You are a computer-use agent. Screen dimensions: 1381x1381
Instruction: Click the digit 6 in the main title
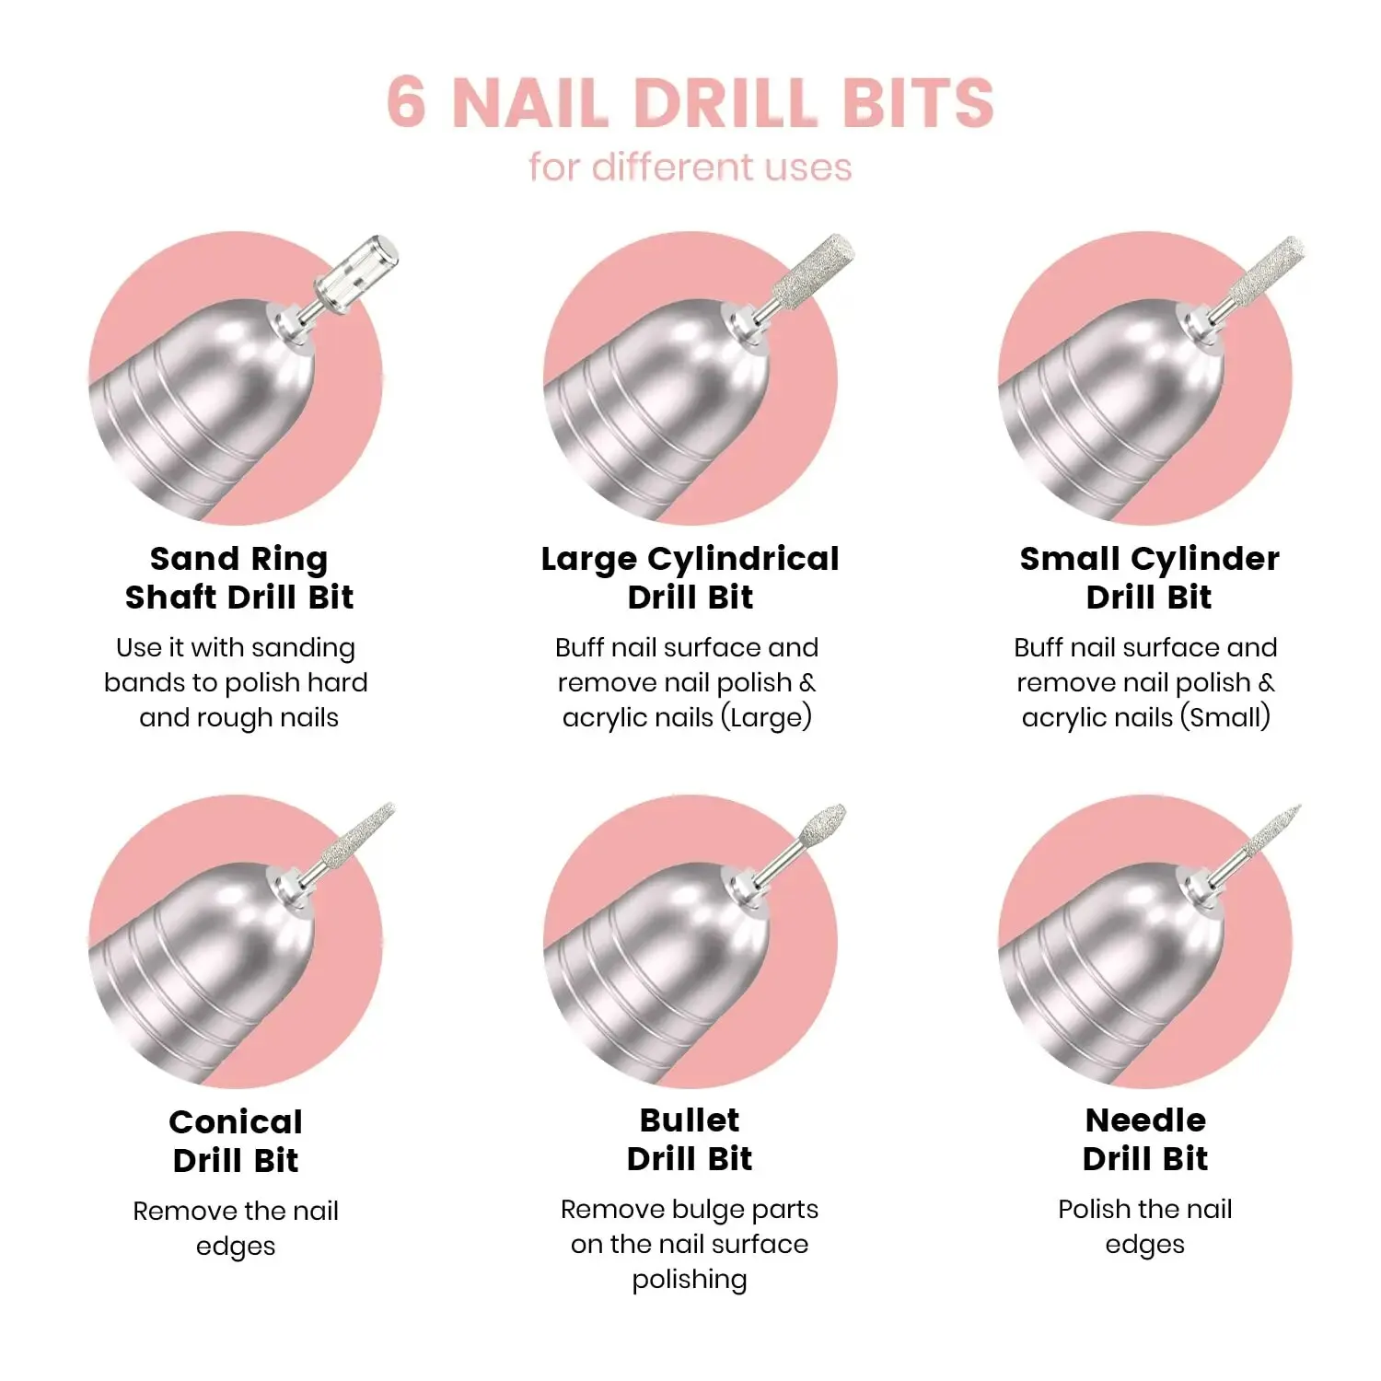[406, 101]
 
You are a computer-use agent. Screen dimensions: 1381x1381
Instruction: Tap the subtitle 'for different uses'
[690, 168]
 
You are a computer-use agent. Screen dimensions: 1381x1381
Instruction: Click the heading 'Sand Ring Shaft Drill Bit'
[239, 577]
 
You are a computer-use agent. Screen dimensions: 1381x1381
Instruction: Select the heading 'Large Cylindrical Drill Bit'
[690, 577]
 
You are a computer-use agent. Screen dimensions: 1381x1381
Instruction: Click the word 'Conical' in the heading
[236, 1121]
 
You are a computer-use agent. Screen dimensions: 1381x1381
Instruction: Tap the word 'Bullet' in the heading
[690, 1120]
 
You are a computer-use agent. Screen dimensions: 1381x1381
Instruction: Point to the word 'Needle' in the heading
[1145, 1120]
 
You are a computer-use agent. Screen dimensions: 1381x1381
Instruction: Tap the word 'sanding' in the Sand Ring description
[303, 648]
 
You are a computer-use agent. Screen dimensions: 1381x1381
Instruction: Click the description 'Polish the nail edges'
[1145, 1226]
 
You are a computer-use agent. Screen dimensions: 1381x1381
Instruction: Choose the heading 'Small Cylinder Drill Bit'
[1149, 577]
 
